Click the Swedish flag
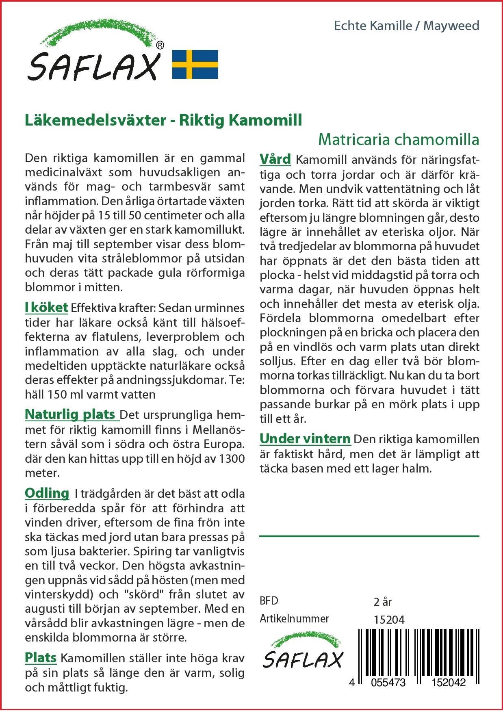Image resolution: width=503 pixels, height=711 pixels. coord(195,64)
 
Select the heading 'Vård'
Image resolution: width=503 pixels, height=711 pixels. coord(275,159)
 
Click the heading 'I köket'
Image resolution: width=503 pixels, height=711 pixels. coord(46,308)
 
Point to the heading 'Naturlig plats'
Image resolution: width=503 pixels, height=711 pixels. coord(71,414)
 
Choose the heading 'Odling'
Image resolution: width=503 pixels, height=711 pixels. coord(47,493)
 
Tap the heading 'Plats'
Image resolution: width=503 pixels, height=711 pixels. coord(41,657)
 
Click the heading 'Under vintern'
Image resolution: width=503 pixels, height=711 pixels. coord(305,439)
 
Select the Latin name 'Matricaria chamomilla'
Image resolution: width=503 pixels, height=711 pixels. coord(399,140)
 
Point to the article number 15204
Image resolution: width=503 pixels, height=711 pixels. coord(389,619)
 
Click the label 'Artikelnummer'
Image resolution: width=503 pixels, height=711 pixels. coord(294,619)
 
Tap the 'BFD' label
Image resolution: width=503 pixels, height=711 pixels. coord(269,601)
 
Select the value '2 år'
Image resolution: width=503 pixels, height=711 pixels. coord(382,602)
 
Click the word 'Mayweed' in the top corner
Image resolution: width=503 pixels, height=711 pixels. coord(451,26)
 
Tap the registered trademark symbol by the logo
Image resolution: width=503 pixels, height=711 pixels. coord(160,46)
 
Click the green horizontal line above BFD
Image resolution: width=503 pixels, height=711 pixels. coord(369,536)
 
